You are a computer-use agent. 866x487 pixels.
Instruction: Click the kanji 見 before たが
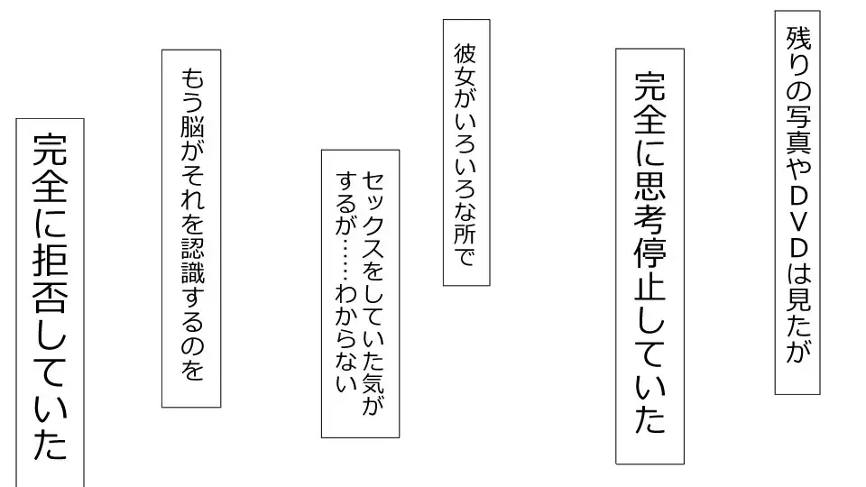(x=798, y=299)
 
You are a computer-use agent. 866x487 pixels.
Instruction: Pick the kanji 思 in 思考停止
(x=650, y=183)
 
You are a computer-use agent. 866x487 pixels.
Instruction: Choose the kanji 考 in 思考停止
(x=650, y=218)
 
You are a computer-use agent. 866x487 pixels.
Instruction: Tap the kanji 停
(x=650, y=253)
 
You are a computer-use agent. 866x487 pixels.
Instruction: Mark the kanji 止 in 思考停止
(x=650, y=287)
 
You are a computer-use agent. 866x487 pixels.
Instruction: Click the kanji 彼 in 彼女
(x=465, y=54)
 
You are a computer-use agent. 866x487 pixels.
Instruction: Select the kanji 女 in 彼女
(x=465, y=78)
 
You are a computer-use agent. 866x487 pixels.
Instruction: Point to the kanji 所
(x=465, y=233)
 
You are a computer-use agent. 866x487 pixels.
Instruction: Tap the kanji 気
(x=373, y=380)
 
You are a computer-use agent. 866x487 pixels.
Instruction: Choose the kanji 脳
(x=192, y=128)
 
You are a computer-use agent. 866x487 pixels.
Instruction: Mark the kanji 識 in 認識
(x=192, y=272)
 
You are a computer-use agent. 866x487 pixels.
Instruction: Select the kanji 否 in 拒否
(x=51, y=296)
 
